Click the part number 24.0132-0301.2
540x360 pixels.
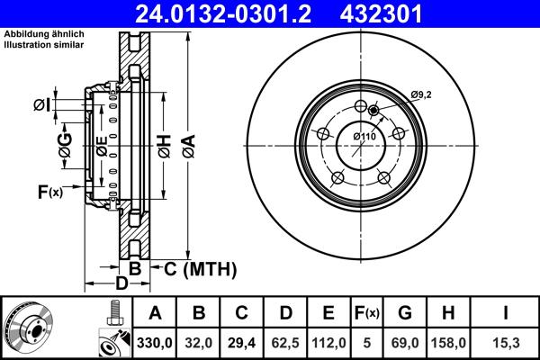pyautogui.click(x=231, y=14)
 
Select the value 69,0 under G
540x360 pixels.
pyautogui.click(x=404, y=342)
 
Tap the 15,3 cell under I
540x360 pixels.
pyautogui.click(x=506, y=342)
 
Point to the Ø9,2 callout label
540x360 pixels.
pyautogui.click(x=422, y=94)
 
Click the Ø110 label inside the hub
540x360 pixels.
pyautogui.click(x=364, y=136)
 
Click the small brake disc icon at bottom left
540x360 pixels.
pyautogui.click(x=30, y=327)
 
